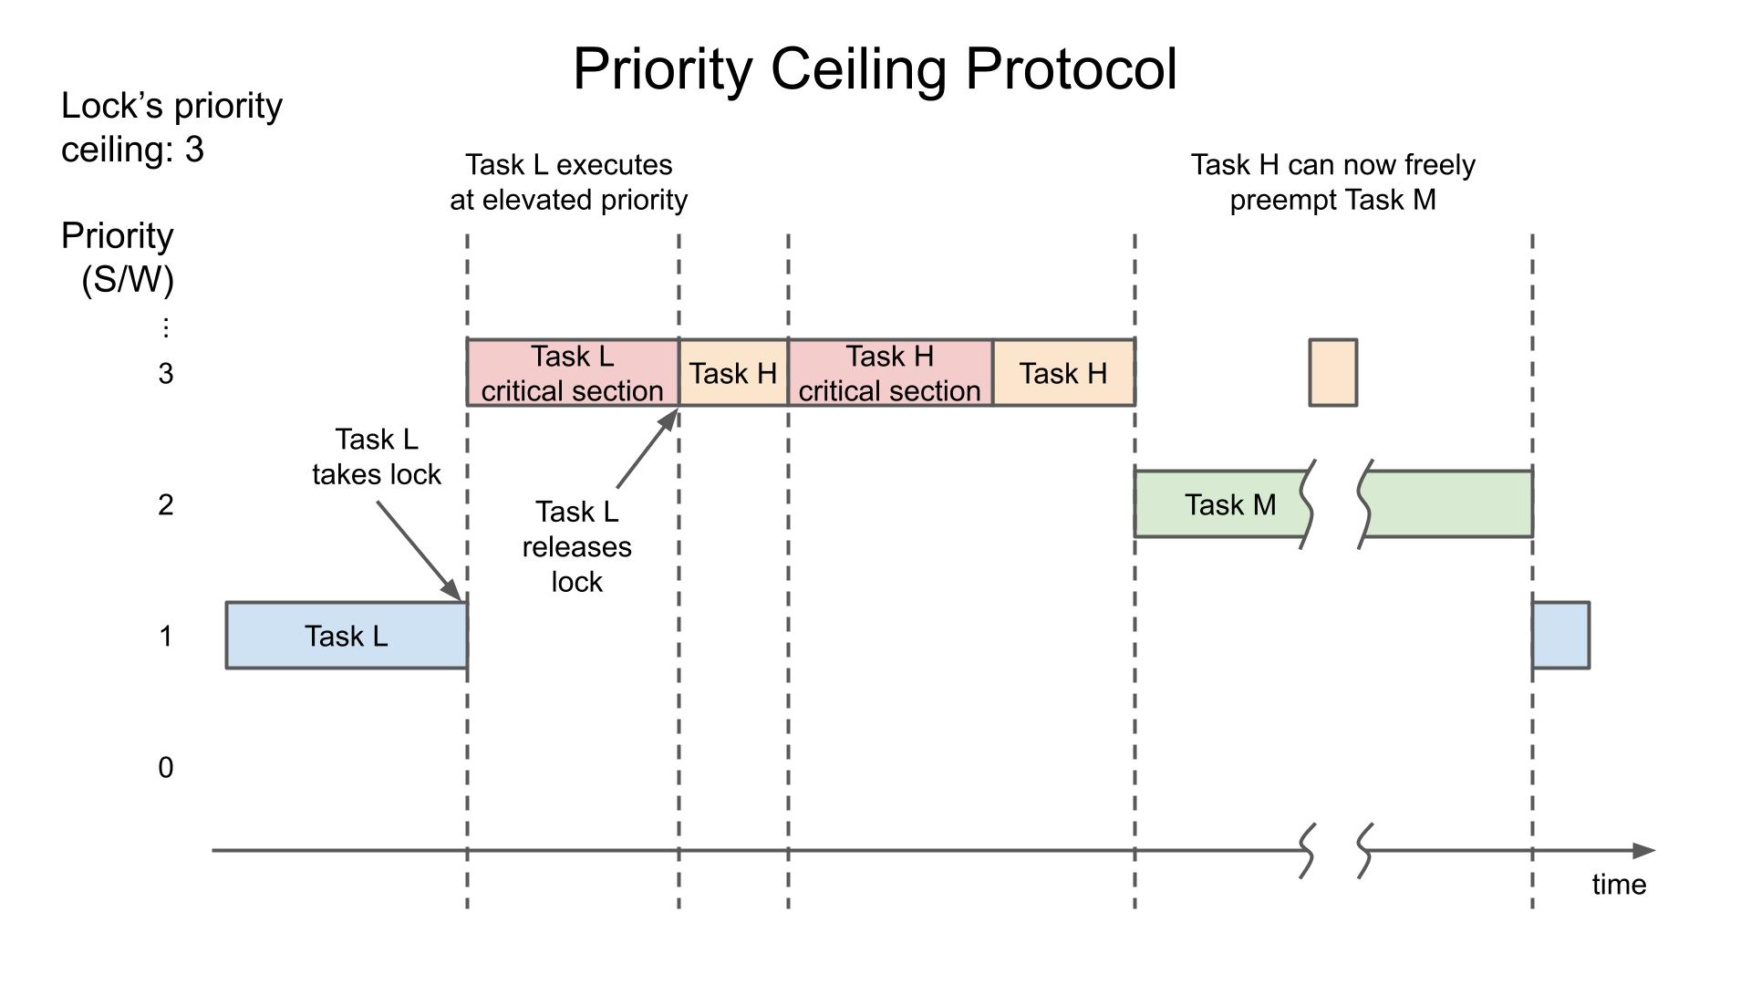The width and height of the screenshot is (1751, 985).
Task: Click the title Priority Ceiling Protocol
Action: [x=875, y=69]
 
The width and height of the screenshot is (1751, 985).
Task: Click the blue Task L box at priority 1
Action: [x=347, y=636]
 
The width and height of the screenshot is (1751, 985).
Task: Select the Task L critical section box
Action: [x=573, y=373]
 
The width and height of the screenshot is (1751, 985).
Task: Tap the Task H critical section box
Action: [x=890, y=373]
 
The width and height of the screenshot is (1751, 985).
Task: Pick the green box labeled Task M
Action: [x=1222, y=504]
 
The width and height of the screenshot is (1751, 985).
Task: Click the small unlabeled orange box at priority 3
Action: [x=1332, y=372]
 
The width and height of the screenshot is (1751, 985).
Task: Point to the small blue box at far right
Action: [x=1561, y=635]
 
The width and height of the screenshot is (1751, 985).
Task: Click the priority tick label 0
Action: [x=165, y=768]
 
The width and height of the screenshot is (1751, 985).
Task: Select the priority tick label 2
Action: [x=165, y=505]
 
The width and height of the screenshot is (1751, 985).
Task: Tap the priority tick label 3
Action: [x=165, y=374]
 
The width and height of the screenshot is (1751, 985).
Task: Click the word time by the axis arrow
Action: [x=1619, y=885]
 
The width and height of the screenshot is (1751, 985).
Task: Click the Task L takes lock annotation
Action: [x=376, y=457]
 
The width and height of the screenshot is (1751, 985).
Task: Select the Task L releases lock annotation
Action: [x=576, y=546]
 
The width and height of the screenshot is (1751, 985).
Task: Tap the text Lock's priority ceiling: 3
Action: [x=171, y=128]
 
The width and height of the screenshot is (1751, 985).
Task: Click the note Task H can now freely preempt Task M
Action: [x=1332, y=182]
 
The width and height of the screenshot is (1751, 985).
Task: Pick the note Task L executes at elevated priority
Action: [x=568, y=182]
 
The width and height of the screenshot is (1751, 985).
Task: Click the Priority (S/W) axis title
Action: [x=119, y=257]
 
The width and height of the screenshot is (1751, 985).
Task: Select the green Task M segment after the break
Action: [x=1450, y=504]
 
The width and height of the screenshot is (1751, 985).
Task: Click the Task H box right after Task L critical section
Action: [x=733, y=373]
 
